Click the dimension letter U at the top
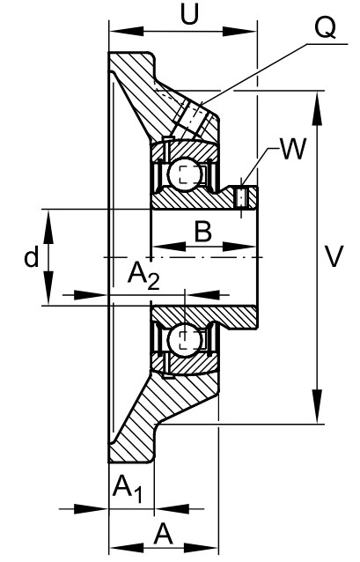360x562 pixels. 189,15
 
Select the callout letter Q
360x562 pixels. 326,28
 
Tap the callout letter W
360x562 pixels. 294,148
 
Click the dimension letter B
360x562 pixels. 203,231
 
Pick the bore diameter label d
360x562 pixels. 31,256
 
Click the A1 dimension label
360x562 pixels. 128,489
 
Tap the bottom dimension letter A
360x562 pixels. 164,534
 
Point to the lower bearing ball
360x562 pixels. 183,339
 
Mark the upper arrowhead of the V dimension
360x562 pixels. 317,108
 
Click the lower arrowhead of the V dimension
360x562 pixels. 317,407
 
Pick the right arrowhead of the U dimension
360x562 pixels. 239,31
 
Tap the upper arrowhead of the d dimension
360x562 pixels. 48,227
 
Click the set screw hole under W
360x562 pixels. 241,197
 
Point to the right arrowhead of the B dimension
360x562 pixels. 239,247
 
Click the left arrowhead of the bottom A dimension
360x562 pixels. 127,548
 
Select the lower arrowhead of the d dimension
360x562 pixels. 48,288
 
